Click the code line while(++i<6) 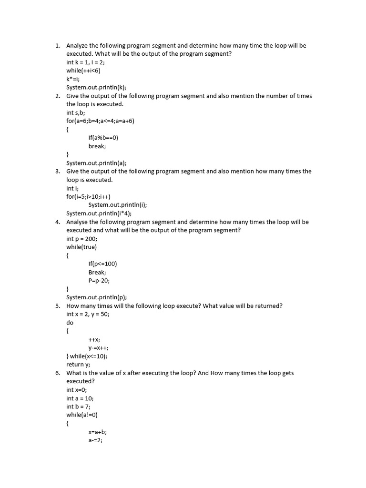click(83, 71)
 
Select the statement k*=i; click(73, 79)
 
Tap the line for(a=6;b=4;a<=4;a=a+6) click(100, 121)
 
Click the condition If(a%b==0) click(103, 138)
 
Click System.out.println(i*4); click(99, 213)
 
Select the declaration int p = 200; click(81, 238)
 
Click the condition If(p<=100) click(102, 264)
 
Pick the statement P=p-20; click(99, 280)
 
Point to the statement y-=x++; click(98, 347)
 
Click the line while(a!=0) click(82, 415)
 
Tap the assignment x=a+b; click(98, 432)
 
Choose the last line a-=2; click(95, 440)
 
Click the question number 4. click(57, 222)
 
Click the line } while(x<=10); click(87, 356)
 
